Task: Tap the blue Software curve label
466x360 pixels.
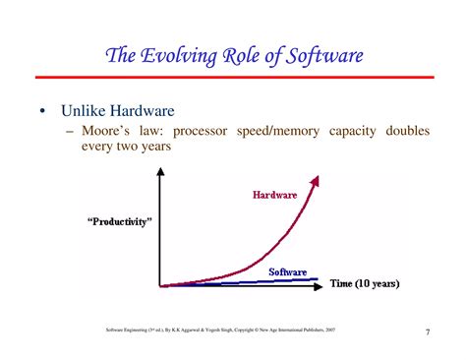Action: click(x=288, y=270)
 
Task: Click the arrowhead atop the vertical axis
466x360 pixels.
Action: click(x=159, y=175)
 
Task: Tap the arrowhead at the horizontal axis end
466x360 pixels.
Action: click(x=323, y=285)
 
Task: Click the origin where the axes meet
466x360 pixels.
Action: click(x=159, y=285)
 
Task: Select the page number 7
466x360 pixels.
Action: click(x=428, y=330)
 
